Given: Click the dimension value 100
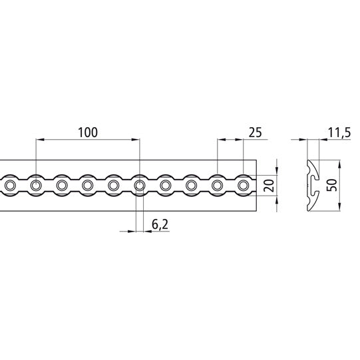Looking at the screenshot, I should [87, 131].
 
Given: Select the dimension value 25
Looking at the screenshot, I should [254, 132].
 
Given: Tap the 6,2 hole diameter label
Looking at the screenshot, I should [159, 226].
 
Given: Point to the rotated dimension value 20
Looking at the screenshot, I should [268, 185].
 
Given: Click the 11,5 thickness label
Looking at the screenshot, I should [339, 133].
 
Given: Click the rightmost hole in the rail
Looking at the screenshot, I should [244, 184].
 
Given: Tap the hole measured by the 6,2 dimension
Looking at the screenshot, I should [140, 184].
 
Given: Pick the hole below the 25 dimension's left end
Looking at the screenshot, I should [218, 184].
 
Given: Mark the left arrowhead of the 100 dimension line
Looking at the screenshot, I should [39, 140].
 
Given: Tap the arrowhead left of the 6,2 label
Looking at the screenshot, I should [131, 232].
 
